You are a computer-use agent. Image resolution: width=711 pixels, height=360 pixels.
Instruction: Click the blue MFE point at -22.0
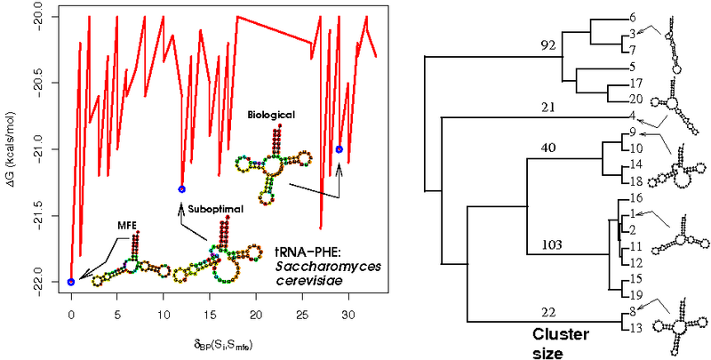point(71,282)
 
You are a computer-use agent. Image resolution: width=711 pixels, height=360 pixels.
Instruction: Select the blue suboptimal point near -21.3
point(181,189)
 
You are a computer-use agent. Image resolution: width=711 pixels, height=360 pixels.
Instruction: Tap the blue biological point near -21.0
point(339,149)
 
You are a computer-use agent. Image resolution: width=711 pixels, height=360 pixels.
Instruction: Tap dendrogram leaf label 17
point(634,82)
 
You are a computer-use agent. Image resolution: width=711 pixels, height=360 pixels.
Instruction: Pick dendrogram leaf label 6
point(632,17)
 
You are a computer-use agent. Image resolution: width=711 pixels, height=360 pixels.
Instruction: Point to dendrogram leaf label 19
point(634,294)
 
